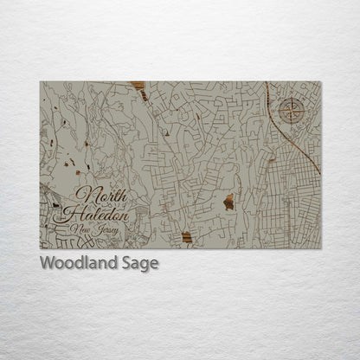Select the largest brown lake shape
coord(228,202)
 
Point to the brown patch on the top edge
coord(137,86)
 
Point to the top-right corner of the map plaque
coord(320,81)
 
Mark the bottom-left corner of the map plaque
coord(40,248)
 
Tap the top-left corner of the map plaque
coord(40,81)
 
